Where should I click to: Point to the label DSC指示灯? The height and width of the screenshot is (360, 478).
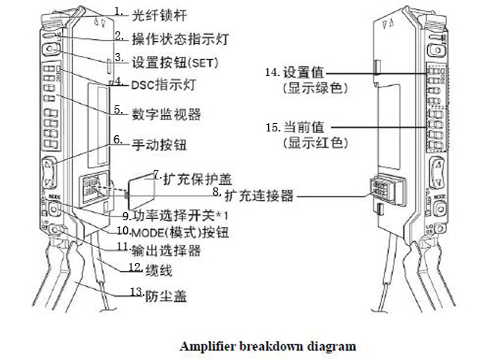point(159,84)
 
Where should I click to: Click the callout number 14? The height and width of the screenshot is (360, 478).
point(272,73)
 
